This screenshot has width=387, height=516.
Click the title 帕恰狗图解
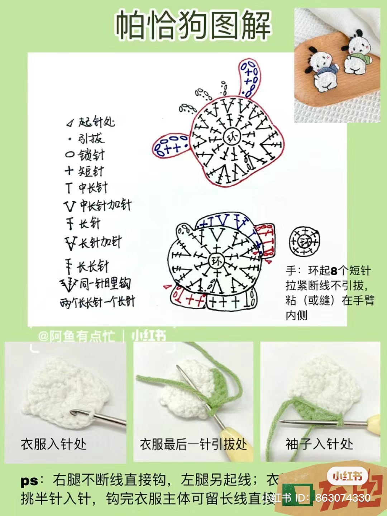click(x=193, y=25)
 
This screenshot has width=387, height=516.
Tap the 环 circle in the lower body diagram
click(x=216, y=261)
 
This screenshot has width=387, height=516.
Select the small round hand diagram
click(x=304, y=241)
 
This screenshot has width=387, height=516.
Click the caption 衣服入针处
click(x=54, y=444)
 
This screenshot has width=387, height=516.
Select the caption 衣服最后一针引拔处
click(x=193, y=444)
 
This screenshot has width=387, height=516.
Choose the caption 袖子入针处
click(x=319, y=444)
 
